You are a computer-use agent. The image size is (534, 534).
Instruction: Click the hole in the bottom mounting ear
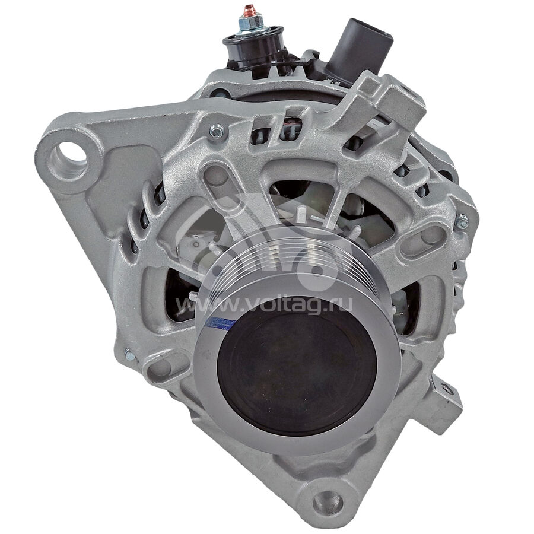[328, 501]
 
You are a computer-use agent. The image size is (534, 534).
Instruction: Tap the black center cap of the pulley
[297, 374]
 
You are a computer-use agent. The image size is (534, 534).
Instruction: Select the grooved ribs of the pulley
[272, 259]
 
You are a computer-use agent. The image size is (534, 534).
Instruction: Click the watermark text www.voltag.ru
[264, 305]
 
